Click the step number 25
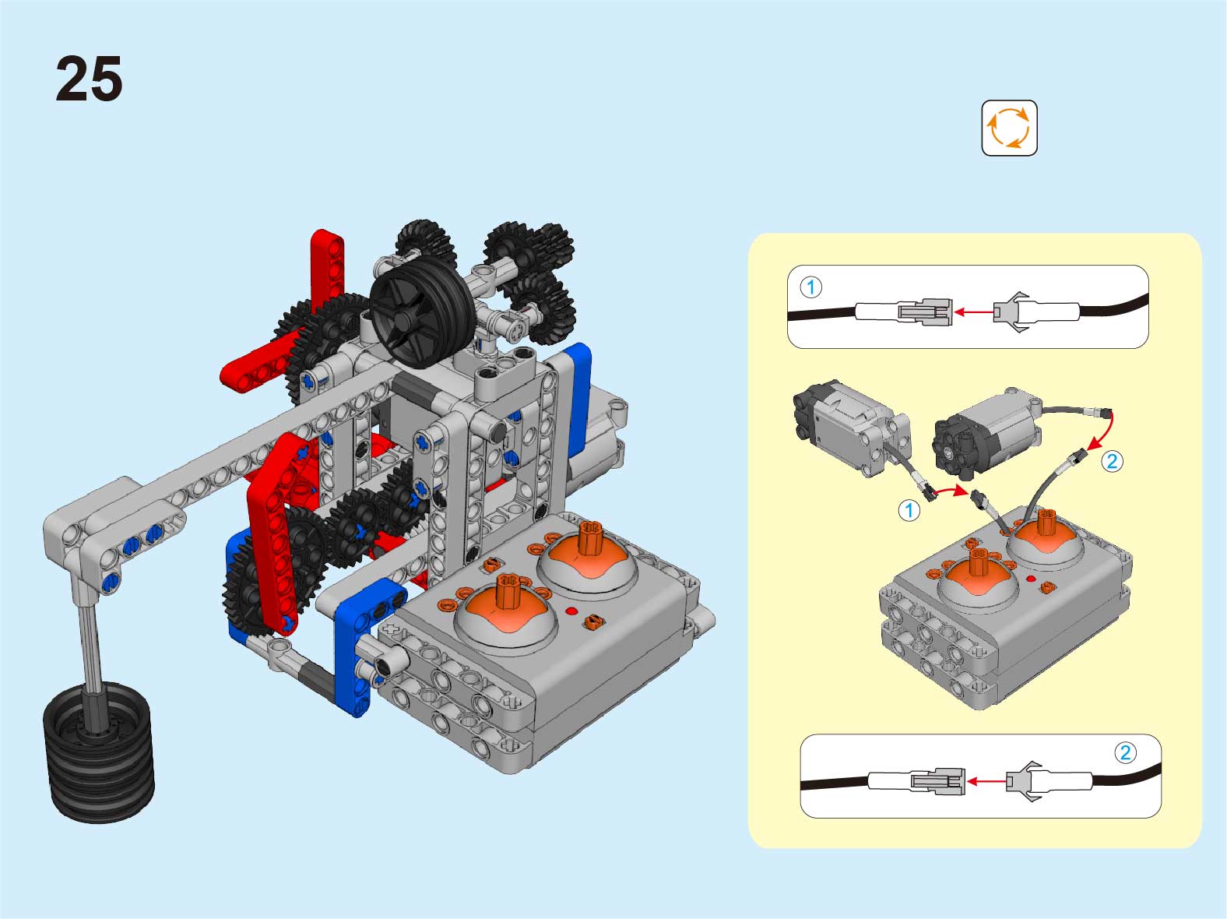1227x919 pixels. click(x=89, y=79)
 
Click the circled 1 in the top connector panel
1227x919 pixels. click(x=811, y=287)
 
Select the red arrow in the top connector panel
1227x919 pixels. click(x=973, y=312)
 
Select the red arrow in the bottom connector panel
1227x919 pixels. click(x=986, y=781)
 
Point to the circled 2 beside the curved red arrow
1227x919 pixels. click(x=1112, y=461)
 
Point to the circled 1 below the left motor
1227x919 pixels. click(x=909, y=510)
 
